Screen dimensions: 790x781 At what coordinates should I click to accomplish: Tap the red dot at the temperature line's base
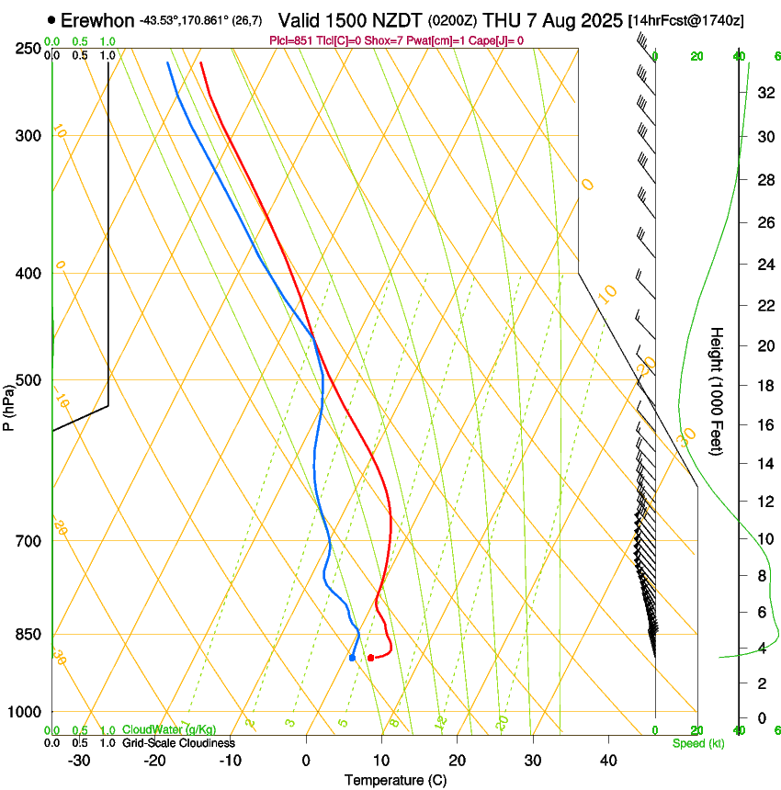click(x=370, y=658)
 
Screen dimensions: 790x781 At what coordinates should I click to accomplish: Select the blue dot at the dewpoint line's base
click(x=352, y=658)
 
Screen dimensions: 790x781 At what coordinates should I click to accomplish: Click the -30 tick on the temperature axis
click(x=79, y=761)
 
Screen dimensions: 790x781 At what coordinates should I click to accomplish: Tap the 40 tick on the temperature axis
click(x=607, y=761)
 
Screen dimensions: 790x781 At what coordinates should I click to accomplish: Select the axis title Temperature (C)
click(x=396, y=780)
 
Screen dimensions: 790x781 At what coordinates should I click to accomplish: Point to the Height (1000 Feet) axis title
click(x=717, y=390)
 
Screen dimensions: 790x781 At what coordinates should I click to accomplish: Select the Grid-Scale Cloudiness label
click(x=178, y=742)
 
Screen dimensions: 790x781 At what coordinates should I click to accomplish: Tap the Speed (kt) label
click(x=698, y=742)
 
